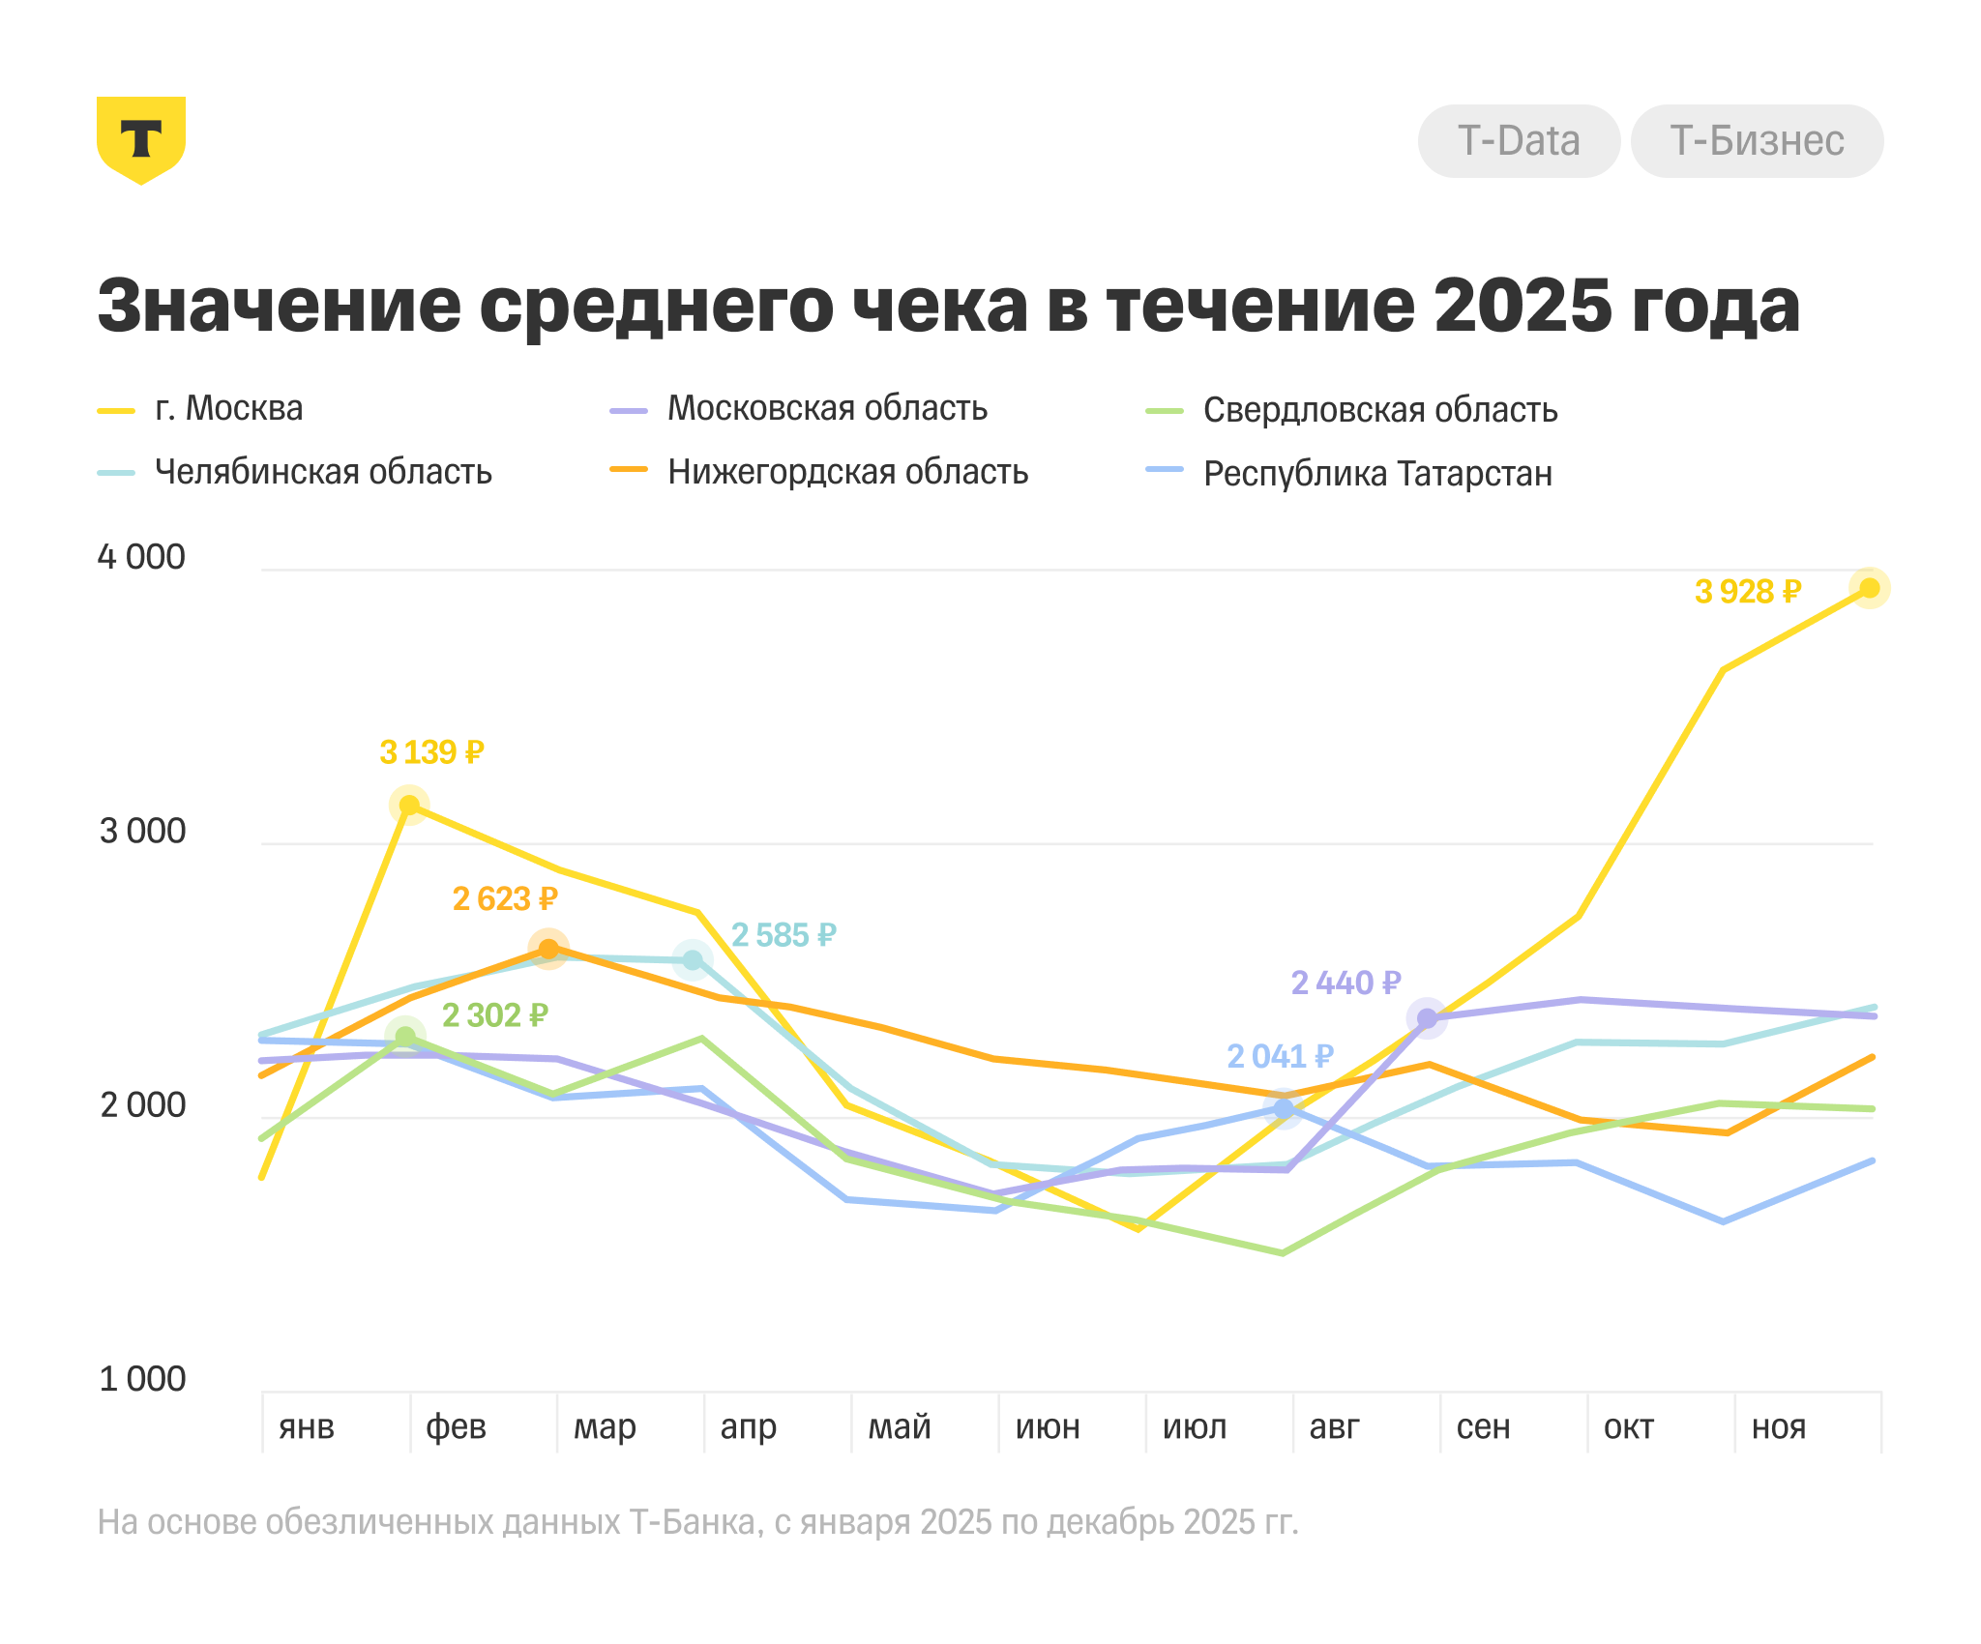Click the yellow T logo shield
point(141,139)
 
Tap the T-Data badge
point(1519,141)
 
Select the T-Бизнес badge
point(1757,141)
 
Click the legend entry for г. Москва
point(228,409)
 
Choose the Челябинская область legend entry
point(323,472)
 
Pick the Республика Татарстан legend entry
point(1377,474)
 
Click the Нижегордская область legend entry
point(847,472)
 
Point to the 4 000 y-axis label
point(141,557)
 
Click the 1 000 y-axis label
point(141,1379)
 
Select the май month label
point(900,1426)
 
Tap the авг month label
point(1335,1426)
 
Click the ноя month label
point(1779,1426)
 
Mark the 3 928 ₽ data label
point(1747,592)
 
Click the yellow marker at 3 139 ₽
point(409,805)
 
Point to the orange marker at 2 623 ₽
point(548,949)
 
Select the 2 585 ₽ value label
point(784,935)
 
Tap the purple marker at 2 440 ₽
point(1427,1018)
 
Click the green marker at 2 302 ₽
point(406,1037)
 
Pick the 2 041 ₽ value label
point(1280,1056)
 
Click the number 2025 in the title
point(1523,306)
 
